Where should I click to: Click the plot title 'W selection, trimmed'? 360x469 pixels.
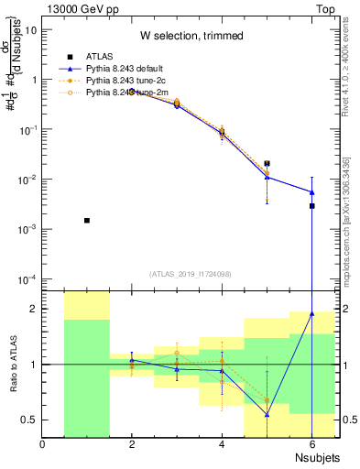pos(191,36)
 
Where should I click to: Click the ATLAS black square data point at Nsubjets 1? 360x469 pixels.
pos(87,221)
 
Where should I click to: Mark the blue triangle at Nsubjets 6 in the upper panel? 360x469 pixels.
pos(311,192)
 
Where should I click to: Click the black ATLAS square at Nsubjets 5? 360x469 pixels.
pos(267,163)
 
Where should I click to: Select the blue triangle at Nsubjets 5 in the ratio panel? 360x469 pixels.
pos(267,414)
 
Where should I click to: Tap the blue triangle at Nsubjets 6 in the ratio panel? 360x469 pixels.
pos(311,313)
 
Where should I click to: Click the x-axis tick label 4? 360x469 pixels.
pos(222,445)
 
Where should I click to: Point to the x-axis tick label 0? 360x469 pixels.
pos(42,445)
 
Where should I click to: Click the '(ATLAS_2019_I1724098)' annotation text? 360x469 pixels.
pos(191,273)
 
